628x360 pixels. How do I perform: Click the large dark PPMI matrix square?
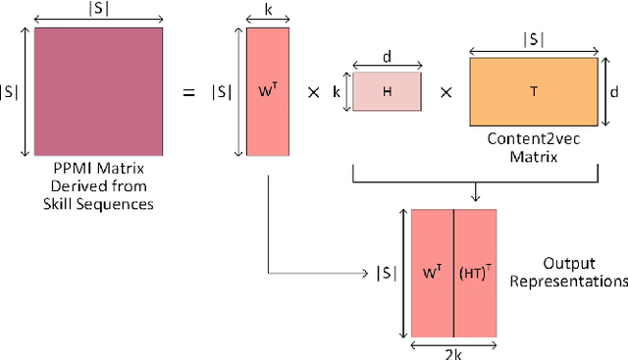point(98,91)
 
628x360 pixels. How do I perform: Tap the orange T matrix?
point(533,91)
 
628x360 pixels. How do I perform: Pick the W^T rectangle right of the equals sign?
point(267,91)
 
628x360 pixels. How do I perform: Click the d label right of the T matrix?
point(614,91)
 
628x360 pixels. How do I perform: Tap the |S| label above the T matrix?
point(533,41)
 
